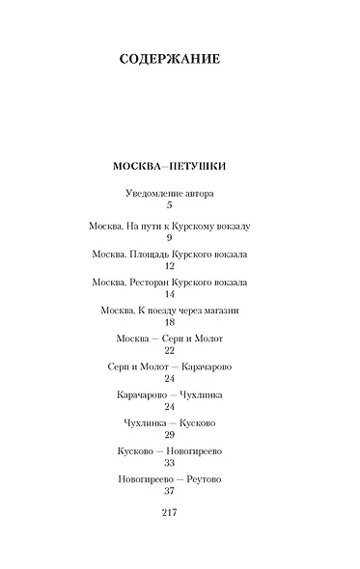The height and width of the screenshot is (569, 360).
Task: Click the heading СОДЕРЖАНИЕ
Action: coord(169,59)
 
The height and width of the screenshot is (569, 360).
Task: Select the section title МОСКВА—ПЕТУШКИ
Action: coord(169,165)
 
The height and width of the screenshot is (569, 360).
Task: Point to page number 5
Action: coord(169,206)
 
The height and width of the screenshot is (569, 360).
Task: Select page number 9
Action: coord(169,236)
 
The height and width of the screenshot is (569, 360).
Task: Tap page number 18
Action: coord(169,323)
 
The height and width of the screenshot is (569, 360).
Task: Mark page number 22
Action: coord(169,352)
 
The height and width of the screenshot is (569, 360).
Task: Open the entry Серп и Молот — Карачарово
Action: coord(169,367)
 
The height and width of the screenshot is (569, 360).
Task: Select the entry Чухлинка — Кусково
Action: coord(169,424)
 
